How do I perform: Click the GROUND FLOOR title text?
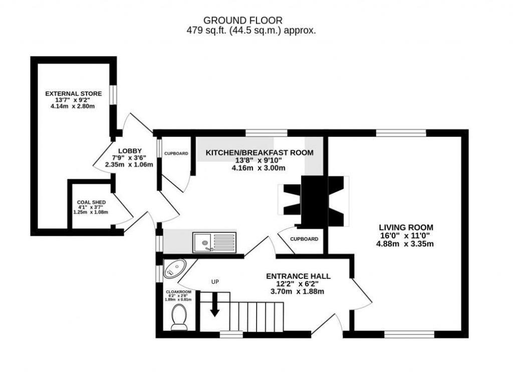pos(242,20)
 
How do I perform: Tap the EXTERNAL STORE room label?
pos(73,94)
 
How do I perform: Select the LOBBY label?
pos(130,151)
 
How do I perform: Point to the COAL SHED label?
pos(91,202)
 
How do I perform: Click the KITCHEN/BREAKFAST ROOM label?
pos(260,153)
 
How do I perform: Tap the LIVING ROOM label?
pos(406,227)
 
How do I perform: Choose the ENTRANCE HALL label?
pos(298,276)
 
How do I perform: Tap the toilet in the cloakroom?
pos(179,317)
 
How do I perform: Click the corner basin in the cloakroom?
pos(173,269)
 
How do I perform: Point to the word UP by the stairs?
pos(215,281)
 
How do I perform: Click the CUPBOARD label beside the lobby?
pos(176,153)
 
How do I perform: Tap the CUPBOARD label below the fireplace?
pos(304,239)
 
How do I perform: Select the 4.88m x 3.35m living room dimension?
pos(405,244)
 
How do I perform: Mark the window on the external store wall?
pos(114,95)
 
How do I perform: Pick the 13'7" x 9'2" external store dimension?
pos(73,100)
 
